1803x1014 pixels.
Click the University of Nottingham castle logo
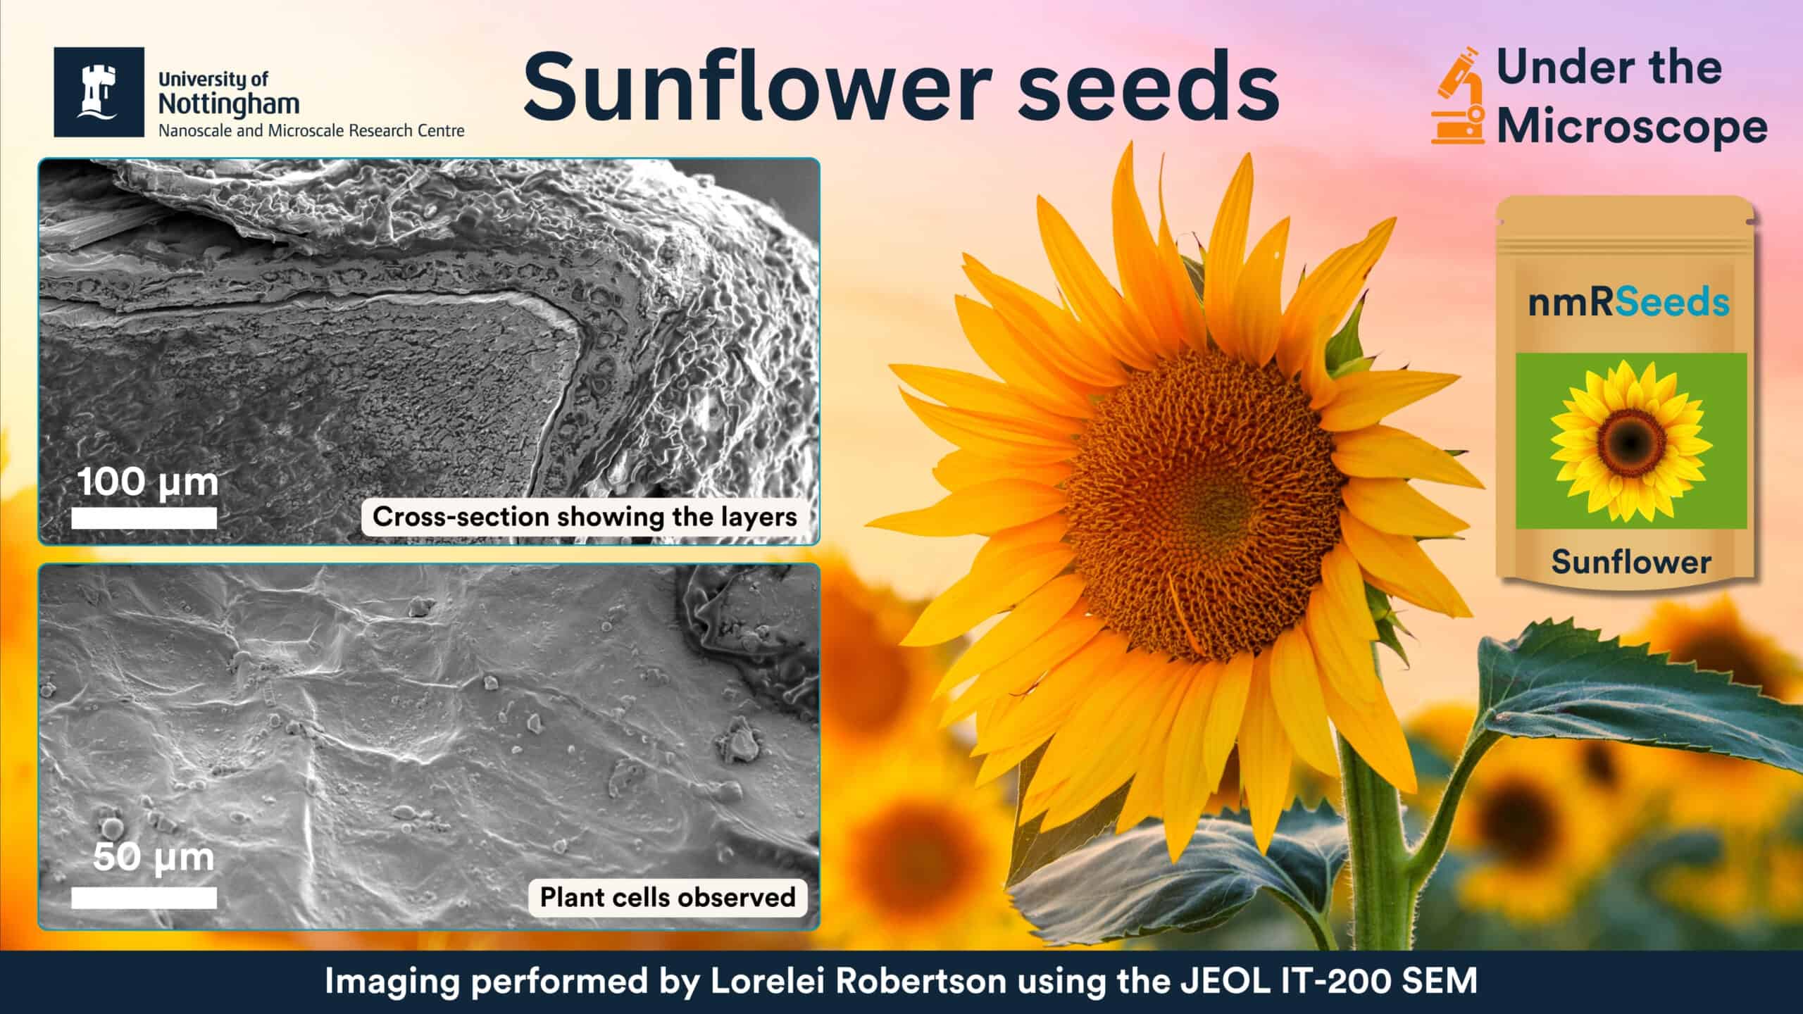99,92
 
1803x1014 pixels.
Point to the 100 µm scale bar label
148,483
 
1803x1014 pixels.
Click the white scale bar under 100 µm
144,518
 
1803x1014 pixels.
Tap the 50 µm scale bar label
154,858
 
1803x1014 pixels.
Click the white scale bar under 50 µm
144,897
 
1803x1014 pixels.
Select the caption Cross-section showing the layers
585,517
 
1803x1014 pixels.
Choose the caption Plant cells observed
668,897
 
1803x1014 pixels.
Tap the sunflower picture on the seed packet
1631,441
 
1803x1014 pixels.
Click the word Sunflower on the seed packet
1631,562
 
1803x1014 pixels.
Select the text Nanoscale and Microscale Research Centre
311,131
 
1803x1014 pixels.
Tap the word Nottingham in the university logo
229,104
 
